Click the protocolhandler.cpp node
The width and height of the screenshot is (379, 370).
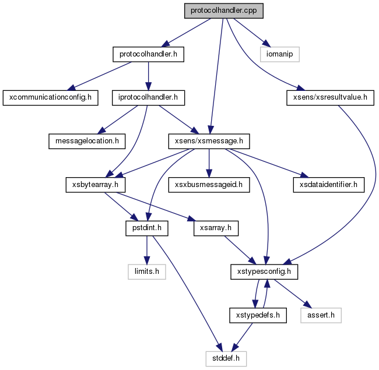tap(224, 11)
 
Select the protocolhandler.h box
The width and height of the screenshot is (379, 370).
tap(149, 54)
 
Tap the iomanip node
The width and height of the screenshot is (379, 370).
tap(280, 54)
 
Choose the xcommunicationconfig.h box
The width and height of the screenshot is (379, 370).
tap(51, 98)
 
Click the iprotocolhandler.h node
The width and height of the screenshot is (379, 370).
tap(149, 98)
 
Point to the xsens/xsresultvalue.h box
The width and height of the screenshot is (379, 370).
tap(330, 98)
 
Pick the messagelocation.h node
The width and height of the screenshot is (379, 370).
tap(87, 141)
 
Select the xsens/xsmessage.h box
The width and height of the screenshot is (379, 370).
tap(209, 141)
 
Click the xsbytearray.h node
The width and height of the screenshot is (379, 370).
tap(96, 185)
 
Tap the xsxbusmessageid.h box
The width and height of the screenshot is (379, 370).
tap(209, 185)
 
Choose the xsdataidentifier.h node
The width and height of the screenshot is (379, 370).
tap(329, 185)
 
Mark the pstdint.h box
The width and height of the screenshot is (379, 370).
tap(147, 228)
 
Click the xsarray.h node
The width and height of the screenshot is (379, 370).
tap(216, 228)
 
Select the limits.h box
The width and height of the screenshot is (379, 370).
tap(147, 272)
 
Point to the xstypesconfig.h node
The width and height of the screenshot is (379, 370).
tap(264, 272)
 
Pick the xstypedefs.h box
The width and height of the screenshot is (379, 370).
tap(258, 315)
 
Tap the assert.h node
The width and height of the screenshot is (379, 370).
tap(321, 315)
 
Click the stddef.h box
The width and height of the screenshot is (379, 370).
tap(226, 359)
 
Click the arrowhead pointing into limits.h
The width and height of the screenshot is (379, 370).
tap(147, 260)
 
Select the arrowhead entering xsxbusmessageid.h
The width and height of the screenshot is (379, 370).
tap(209, 174)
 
